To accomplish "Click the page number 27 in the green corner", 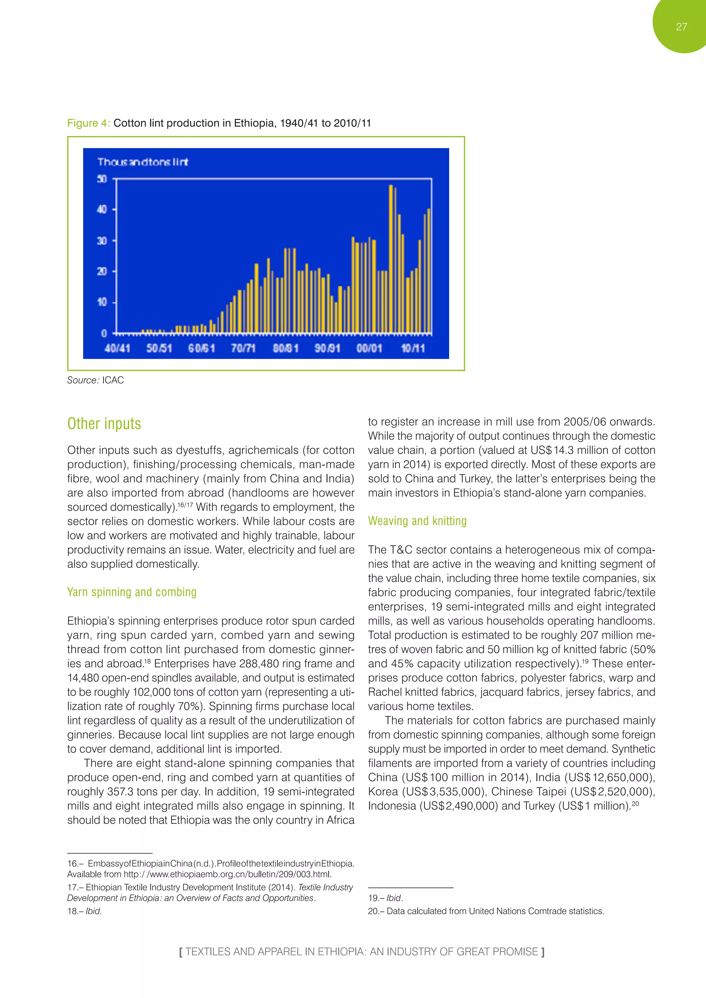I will tap(681, 27).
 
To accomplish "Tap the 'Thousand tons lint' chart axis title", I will tap(143, 162).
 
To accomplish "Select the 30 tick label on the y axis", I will tap(102, 241).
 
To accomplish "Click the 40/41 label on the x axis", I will tap(117, 348).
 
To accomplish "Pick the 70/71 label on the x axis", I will tap(243, 348).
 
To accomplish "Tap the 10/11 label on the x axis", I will tap(412, 348).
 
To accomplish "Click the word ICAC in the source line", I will tap(113, 380).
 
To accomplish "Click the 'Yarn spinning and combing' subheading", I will tap(132, 592).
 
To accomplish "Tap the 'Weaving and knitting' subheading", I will tap(417, 521).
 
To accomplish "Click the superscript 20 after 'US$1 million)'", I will tap(635, 804).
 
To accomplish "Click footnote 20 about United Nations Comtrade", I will tap(486, 911).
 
